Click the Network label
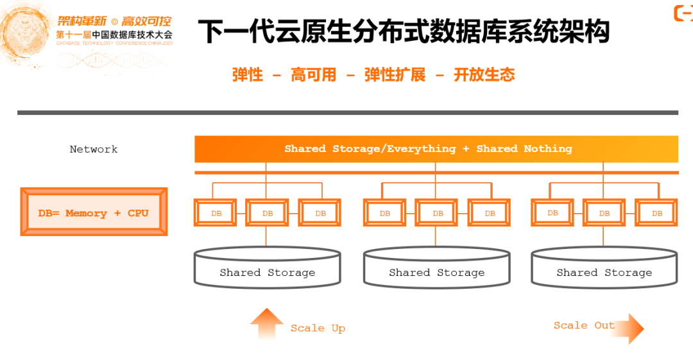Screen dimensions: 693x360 pos(94,149)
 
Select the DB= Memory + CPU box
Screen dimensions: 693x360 pos(94,212)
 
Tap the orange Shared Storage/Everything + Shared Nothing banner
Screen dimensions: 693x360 pos(436,149)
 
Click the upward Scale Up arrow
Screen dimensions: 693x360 pos(266,323)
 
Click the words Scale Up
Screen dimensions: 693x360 pos(318,328)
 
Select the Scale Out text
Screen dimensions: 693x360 pos(584,325)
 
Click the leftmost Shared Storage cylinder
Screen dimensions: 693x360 pos(268,268)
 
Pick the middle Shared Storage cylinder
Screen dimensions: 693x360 pos(436,268)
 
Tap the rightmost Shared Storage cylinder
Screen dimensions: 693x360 pos(604,268)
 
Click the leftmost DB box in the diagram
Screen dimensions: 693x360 pos(216,213)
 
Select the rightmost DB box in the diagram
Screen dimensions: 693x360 pos(656,213)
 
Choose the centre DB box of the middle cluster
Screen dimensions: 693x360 pos(437,213)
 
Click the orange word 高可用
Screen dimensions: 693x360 pos(313,74)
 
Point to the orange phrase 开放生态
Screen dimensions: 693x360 pos(484,74)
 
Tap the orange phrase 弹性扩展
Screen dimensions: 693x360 pos(395,74)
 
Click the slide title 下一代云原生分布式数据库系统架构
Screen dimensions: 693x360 pos(404,31)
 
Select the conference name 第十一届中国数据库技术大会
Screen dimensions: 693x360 pos(114,35)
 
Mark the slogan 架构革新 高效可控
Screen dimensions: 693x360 pos(114,21)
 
